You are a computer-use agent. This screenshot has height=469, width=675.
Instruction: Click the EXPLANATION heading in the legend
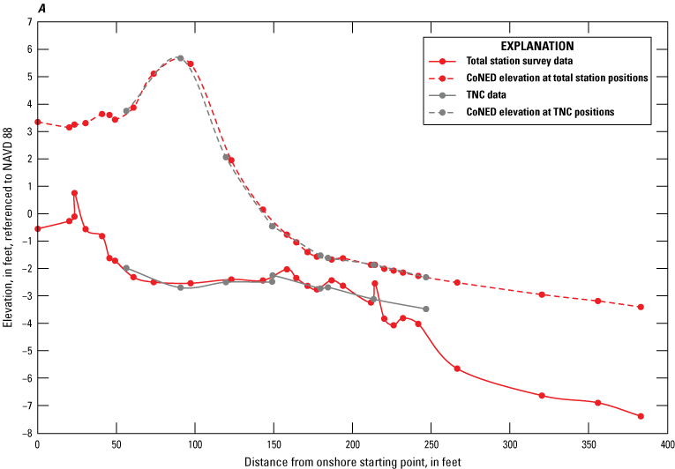[x=537, y=45]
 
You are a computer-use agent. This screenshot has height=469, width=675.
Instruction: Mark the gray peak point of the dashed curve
[x=180, y=58]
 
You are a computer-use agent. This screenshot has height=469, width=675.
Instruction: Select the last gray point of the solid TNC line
[x=426, y=309]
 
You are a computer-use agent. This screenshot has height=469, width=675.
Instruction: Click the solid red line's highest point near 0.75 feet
[x=75, y=193]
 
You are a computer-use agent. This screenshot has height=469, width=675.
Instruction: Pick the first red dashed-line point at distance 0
[x=37, y=122]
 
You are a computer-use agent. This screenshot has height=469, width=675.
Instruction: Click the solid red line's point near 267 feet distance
[x=457, y=368]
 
